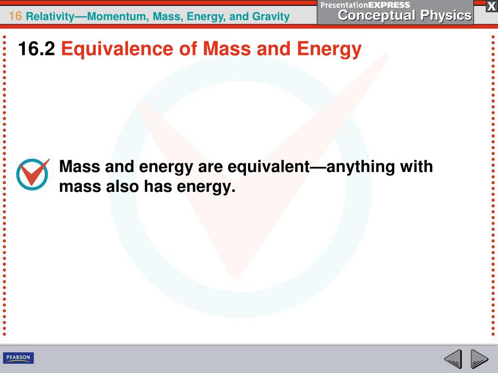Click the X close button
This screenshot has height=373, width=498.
491,6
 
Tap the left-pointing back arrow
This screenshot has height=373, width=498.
453,360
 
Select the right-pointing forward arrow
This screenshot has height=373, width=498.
480,360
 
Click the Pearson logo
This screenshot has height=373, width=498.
18,358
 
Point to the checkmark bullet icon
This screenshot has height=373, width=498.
33,173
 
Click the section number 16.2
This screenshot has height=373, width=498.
36,49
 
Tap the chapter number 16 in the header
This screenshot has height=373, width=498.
15,17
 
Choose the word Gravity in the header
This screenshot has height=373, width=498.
271,17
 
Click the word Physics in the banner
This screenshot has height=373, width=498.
446,16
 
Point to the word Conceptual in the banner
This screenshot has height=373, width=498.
377,16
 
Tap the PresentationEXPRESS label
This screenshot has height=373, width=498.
365,5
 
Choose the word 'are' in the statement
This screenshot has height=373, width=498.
210,167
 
